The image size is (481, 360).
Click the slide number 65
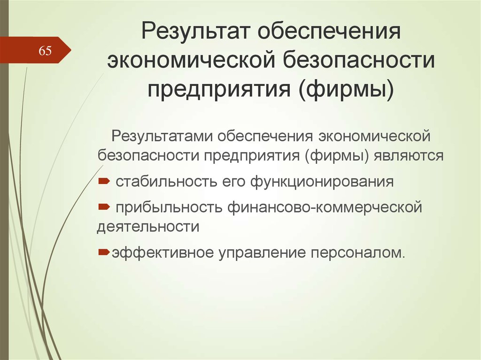(45, 51)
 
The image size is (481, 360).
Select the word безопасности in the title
(358, 60)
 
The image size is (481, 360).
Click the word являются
(408, 155)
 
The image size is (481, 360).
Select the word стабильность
(166, 182)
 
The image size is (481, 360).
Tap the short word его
(233, 182)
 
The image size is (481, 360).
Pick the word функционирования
(322, 182)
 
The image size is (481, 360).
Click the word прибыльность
(169, 207)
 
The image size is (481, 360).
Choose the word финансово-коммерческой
(325, 207)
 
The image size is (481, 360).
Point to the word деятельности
(148, 227)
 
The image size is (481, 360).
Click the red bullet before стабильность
(104, 181)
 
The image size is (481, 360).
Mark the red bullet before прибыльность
(104, 207)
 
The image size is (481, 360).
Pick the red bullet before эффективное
(104, 253)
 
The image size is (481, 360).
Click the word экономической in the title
(191, 60)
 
